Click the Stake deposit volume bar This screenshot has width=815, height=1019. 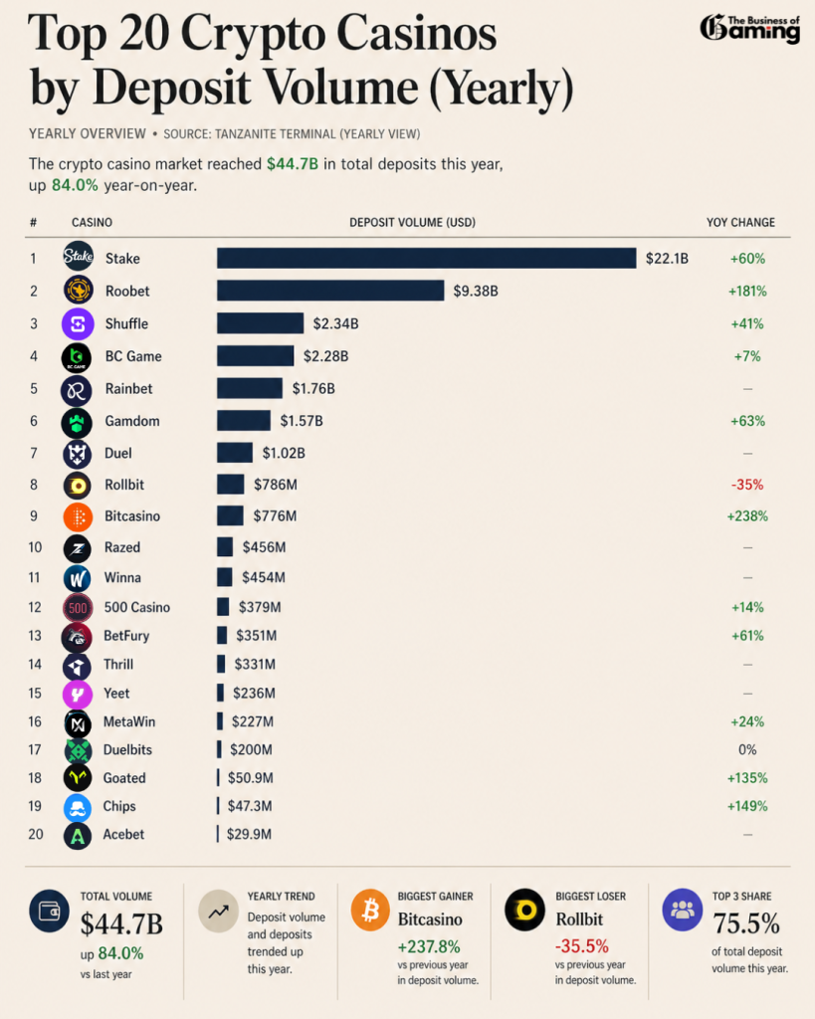(426, 258)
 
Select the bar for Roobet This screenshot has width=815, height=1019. (330, 291)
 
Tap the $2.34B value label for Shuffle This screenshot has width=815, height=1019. (335, 323)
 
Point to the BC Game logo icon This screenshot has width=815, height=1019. (78, 356)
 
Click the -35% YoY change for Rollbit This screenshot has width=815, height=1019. (746, 485)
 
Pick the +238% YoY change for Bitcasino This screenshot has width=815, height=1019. (746, 516)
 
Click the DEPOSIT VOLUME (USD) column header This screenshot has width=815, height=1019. (412, 222)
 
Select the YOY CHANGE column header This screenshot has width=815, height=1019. (740, 222)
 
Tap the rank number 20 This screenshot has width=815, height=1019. (36, 834)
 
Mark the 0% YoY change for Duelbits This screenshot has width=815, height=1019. (747, 749)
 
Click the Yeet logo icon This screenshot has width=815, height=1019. (78, 694)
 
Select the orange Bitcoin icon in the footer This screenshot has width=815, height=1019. (371, 910)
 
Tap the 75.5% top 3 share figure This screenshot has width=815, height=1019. (746, 923)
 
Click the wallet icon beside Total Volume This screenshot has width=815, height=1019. (49, 910)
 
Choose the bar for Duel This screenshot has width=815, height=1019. (235, 453)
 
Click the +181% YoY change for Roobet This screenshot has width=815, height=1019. (747, 292)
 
